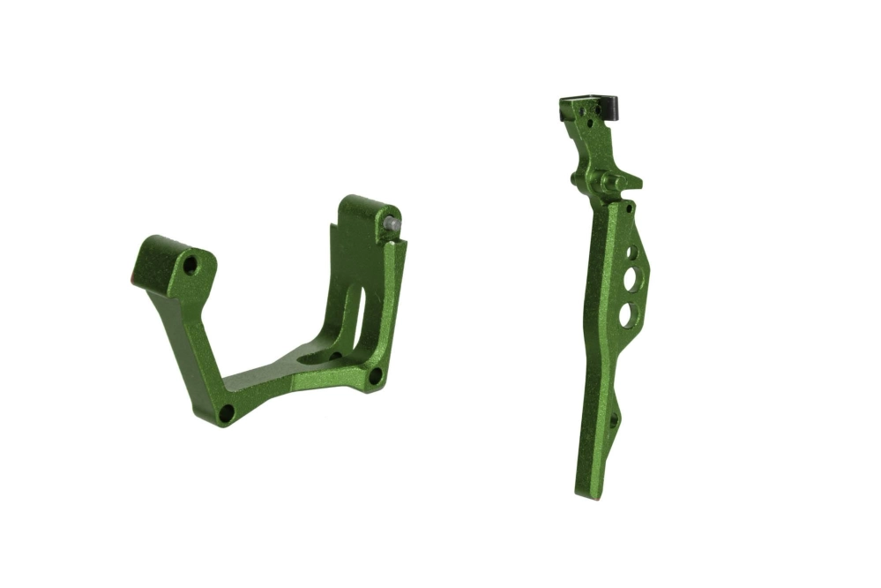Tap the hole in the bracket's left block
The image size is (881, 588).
pyautogui.click(x=190, y=264)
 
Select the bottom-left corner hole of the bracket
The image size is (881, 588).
pyautogui.click(x=227, y=412)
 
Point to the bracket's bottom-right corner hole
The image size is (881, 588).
pyautogui.click(x=375, y=375)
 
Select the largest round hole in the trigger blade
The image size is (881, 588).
pyautogui.click(x=626, y=314)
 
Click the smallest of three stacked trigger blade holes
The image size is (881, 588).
pyautogui.click(x=631, y=253)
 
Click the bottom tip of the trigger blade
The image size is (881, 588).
pyautogui.click(x=586, y=493)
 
